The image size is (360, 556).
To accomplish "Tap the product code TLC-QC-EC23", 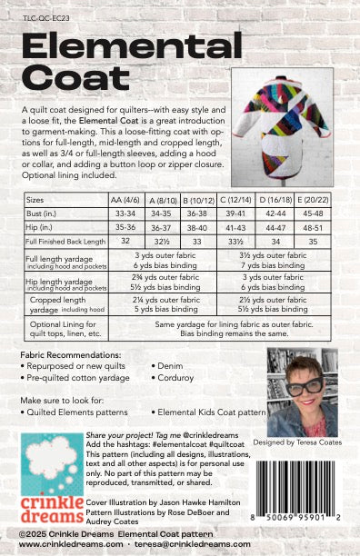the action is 42,15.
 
